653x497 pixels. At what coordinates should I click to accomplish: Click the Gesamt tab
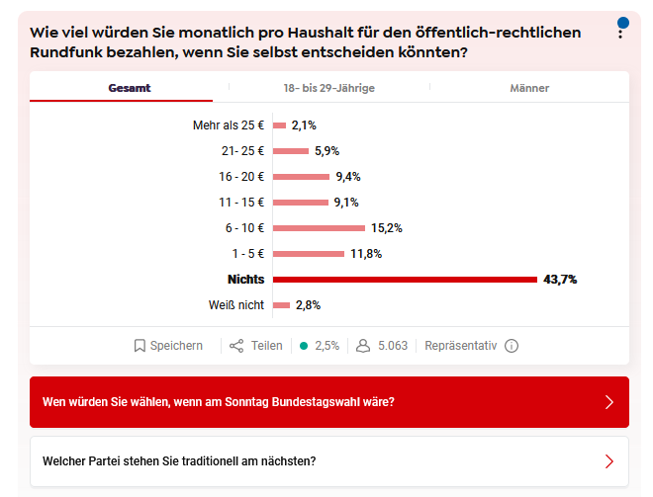click(130, 88)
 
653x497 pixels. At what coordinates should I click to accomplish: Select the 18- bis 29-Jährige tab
click(328, 88)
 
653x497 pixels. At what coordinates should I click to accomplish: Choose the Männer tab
click(529, 88)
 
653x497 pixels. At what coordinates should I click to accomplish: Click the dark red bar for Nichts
click(405, 280)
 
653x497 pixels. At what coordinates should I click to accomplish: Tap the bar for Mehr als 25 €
click(279, 125)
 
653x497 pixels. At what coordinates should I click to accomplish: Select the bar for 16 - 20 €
click(301, 177)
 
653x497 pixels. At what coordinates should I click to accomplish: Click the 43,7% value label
click(560, 280)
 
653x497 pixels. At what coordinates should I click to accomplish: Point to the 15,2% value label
click(387, 228)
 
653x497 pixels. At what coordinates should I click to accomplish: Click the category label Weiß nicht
click(235, 305)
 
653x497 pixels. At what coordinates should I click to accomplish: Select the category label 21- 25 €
click(243, 151)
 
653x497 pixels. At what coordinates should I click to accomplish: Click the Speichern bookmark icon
click(140, 346)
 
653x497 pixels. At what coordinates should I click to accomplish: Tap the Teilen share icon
click(236, 346)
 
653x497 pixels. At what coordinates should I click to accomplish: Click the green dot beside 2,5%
click(304, 346)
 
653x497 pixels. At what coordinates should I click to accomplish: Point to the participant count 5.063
click(393, 346)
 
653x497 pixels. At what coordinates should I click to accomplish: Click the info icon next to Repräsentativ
click(512, 346)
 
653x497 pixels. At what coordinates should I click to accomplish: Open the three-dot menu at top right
click(620, 33)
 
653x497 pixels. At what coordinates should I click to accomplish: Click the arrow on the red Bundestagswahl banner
click(608, 402)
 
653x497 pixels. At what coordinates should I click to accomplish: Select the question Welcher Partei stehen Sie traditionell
click(179, 461)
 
